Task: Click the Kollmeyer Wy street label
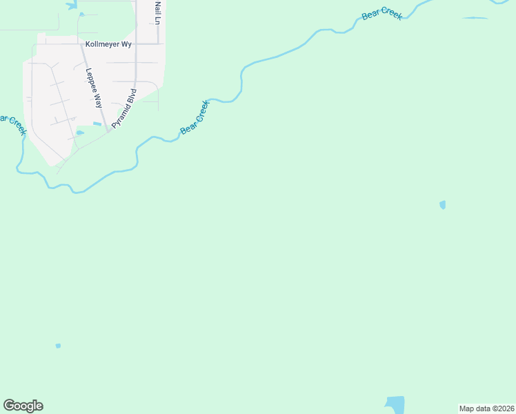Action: click(108, 43)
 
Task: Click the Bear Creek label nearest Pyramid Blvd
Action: click(195, 117)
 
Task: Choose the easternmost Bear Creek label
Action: click(381, 15)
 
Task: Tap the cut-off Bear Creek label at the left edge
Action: click(12, 122)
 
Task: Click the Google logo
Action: click(23, 406)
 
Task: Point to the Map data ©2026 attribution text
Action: click(486, 408)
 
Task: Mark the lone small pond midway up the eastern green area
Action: click(442, 204)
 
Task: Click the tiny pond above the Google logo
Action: click(58, 346)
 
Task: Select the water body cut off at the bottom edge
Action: click(395, 405)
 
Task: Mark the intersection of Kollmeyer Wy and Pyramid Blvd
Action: click(136, 43)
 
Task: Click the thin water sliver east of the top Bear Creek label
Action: click(474, 18)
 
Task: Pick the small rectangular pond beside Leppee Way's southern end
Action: click(97, 124)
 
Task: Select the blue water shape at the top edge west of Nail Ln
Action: click(72, 5)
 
